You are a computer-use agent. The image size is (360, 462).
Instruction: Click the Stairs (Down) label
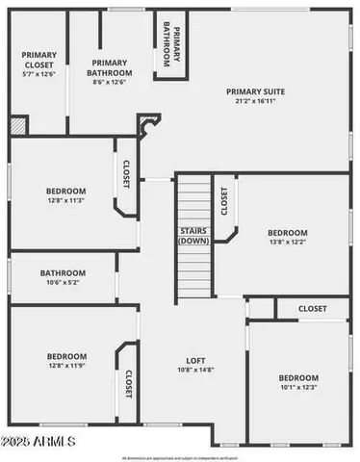pos(194,236)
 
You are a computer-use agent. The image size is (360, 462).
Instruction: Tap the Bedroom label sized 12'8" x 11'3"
pos(65,191)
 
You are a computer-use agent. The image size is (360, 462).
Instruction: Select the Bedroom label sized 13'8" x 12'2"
pos(287,233)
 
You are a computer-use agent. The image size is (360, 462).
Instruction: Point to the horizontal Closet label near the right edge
pos(312,309)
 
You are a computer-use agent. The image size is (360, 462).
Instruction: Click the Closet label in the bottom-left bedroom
pos(128,384)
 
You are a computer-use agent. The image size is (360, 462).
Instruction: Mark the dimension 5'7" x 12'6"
pos(39,73)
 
